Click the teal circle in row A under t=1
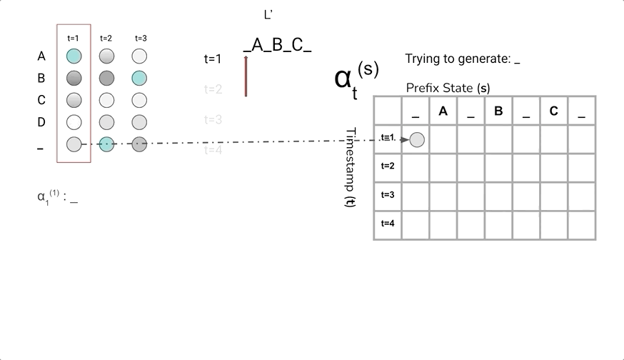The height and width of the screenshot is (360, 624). tap(74, 56)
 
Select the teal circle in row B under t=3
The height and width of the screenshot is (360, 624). tap(139, 78)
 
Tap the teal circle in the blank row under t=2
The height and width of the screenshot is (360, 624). tap(106, 144)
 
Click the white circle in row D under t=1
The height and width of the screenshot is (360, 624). tap(74, 122)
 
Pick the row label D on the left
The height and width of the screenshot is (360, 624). tap(41, 122)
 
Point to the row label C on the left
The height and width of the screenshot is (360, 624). tap(41, 100)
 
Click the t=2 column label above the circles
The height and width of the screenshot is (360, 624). tap(106, 38)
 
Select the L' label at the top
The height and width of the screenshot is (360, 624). tap(268, 14)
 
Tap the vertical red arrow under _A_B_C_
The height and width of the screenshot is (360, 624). tap(246, 76)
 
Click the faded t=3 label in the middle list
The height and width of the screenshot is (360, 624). tap(213, 119)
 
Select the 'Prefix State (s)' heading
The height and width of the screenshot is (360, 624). tap(448, 88)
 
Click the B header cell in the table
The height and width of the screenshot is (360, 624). tap(498, 111)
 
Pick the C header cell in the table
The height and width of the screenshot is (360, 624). tap(553, 111)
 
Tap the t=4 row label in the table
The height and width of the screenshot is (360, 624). tap(388, 223)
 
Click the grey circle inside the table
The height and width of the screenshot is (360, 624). tap(417, 140)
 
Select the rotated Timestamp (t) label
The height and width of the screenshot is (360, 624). tap(351, 167)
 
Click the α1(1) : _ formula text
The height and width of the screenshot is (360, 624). tap(57, 197)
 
